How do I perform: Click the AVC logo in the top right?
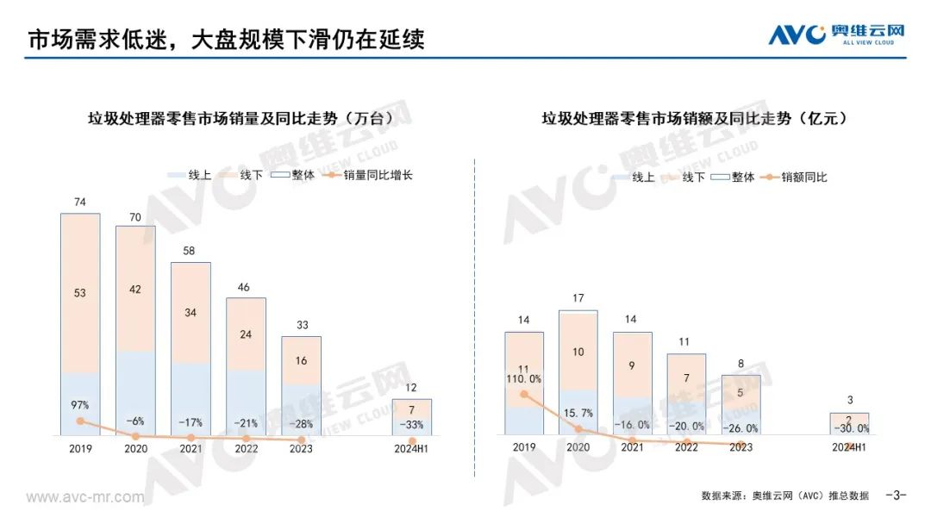[836, 34]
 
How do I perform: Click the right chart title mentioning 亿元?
[694, 119]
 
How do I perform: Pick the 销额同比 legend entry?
[796, 177]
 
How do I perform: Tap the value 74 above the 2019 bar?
[80, 203]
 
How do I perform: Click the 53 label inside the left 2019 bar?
[80, 293]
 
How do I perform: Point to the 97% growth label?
[80, 404]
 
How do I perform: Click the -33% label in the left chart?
[412, 424]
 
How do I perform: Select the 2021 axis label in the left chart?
[191, 448]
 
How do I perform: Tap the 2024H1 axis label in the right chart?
[849, 447]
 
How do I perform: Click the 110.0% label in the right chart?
[524, 378]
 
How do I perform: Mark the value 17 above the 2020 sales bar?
[578, 299]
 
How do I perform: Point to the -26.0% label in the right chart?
[740, 427]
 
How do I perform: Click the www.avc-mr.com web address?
[85, 497]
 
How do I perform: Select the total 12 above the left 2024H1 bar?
[412, 388]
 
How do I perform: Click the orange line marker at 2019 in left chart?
[80, 421]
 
